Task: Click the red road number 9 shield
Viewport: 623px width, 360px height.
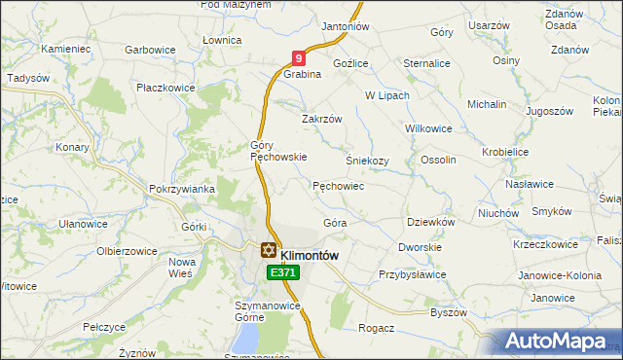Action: pyautogui.click(x=300, y=59)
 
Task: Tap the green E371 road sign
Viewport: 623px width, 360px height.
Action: pyautogui.click(x=282, y=273)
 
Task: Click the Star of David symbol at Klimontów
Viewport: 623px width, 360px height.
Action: pyautogui.click(x=267, y=250)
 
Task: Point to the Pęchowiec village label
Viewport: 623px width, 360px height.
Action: pyautogui.click(x=338, y=185)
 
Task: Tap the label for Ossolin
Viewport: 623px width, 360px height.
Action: pyautogui.click(x=438, y=160)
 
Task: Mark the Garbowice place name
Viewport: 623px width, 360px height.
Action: pyautogui.click(x=149, y=49)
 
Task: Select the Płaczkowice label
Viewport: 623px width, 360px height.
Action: pyautogui.click(x=165, y=88)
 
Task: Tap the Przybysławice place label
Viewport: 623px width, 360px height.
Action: pyautogui.click(x=412, y=274)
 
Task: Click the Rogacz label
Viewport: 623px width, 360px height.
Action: pyautogui.click(x=376, y=328)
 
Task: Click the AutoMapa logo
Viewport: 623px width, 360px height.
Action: pyautogui.click(x=558, y=341)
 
